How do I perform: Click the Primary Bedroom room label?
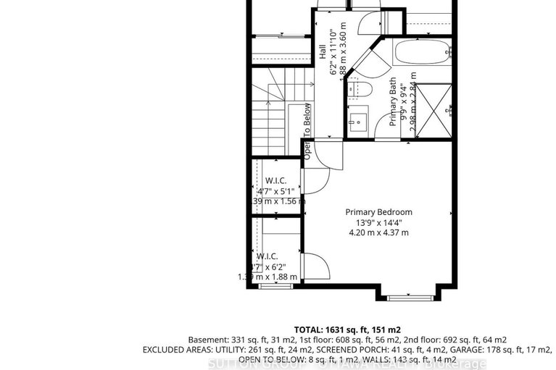(x=378, y=212)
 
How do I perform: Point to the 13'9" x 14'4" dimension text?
(x=378, y=222)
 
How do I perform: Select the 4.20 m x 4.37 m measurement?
(x=378, y=233)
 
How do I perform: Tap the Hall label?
(x=321, y=52)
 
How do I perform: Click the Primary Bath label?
(x=393, y=102)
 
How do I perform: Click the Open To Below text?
(x=307, y=131)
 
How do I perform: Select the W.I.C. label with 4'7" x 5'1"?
(x=275, y=180)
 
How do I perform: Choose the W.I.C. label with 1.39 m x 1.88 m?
(x=266, y=256)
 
